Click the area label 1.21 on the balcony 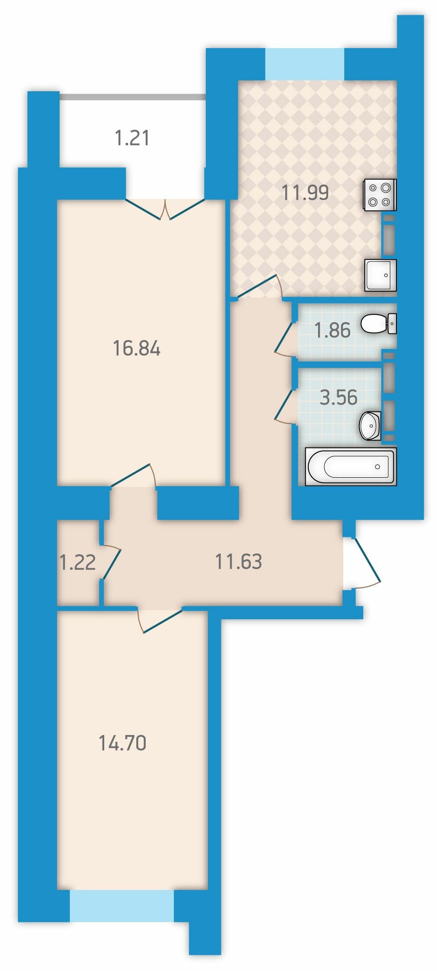tap(132, 138)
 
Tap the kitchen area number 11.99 tap(305, 193)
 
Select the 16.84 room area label tap(137, 348)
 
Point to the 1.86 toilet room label tap(332, 330)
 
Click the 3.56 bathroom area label tap(339, 397)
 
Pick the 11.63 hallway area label tap(238, 562)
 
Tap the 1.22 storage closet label tap(78, 563)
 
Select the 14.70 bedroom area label tap(122, 743)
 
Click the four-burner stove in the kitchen tap(380, 195)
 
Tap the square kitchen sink tap(380, 275)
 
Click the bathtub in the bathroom tap(351, 466)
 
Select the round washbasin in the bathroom tap(370, 426)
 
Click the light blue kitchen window tap(305, 64)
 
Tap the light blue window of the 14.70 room tap(122, 906)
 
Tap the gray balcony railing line tap(132, 97)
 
